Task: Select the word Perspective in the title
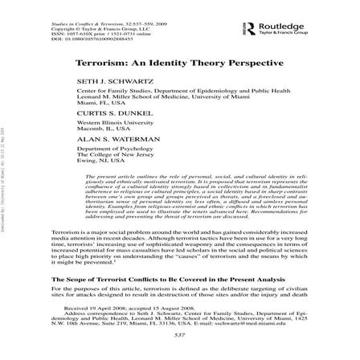click(239, 62)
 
